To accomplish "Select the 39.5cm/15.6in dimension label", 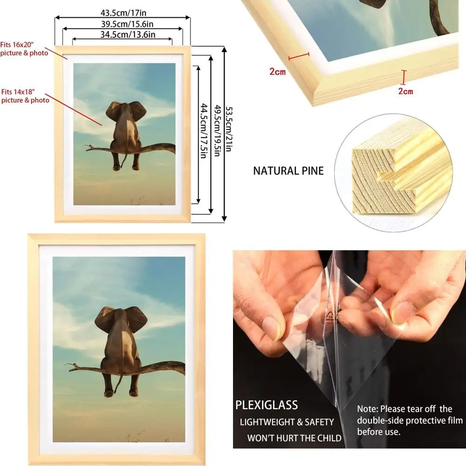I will pos(122,23).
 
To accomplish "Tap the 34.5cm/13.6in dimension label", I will pos(123,34).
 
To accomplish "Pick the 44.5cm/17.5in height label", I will pos(203,133).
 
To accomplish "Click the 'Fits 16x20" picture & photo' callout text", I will pos(24,49).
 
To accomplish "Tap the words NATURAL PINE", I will pos(288,171).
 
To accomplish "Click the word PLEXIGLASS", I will pos(267,404).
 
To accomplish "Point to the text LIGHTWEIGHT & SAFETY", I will pos(287,422).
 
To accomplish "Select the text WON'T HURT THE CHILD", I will pos(294,438).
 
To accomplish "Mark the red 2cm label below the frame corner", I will pos(405,91).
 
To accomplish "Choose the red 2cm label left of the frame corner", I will pos(277,72).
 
